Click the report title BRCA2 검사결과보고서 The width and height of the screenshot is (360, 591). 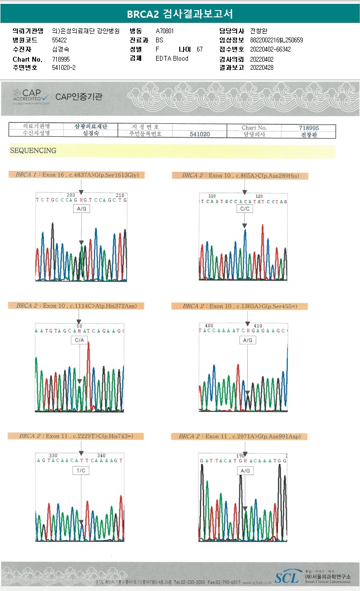pyautogui.click(x=180, y=14)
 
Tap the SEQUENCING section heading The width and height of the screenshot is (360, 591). pyautogui.click(x=33, y=151)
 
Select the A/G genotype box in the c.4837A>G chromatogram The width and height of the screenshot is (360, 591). pyautogui.click(x=81, y=209)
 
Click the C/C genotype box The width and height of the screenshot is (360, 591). pyautogui.click(x=244, y=209)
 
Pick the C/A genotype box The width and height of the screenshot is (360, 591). pyautogui.click(x=80, y=340)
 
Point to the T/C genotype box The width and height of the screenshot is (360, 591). pyautogui.click(x=80, y=470)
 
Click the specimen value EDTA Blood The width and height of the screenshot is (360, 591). pyautogui.click(x=172, y=58)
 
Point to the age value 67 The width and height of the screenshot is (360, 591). pyautogui.click(x=200, y=49)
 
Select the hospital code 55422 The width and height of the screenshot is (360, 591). pyautogui.click(x=59, y=40)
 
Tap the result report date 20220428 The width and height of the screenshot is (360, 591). pyautogui.click(x=262, y=67)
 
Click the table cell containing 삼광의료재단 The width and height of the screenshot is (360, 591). pyautogui.click(x=91, y=127)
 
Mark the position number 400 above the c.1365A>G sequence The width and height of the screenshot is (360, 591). pyautogui.click(x=209, y=326)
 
